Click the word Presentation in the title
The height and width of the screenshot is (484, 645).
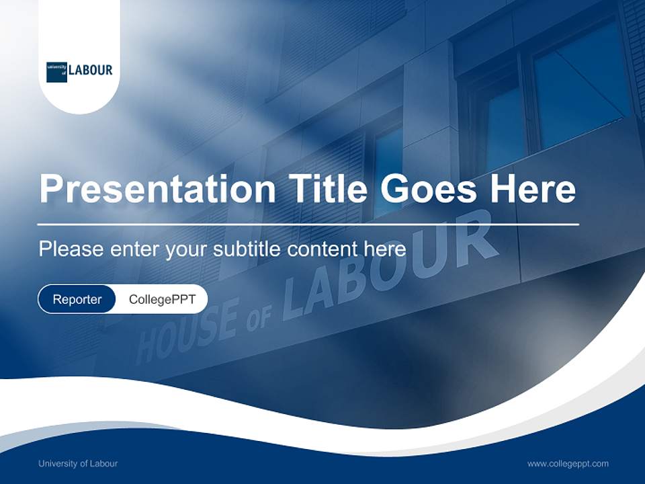point(157,190)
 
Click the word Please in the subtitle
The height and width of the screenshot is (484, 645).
point(71,249)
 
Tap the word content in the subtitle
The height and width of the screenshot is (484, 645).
point(323,249)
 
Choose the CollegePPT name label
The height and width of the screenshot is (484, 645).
point(162,300)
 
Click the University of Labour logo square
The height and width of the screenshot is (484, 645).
point(57,71)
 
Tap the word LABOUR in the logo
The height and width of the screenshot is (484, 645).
point(91,70)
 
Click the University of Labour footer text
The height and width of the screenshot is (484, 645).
point(78,463)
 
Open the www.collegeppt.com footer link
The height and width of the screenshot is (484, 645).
point(568,463)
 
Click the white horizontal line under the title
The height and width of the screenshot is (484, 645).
point(308,224)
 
